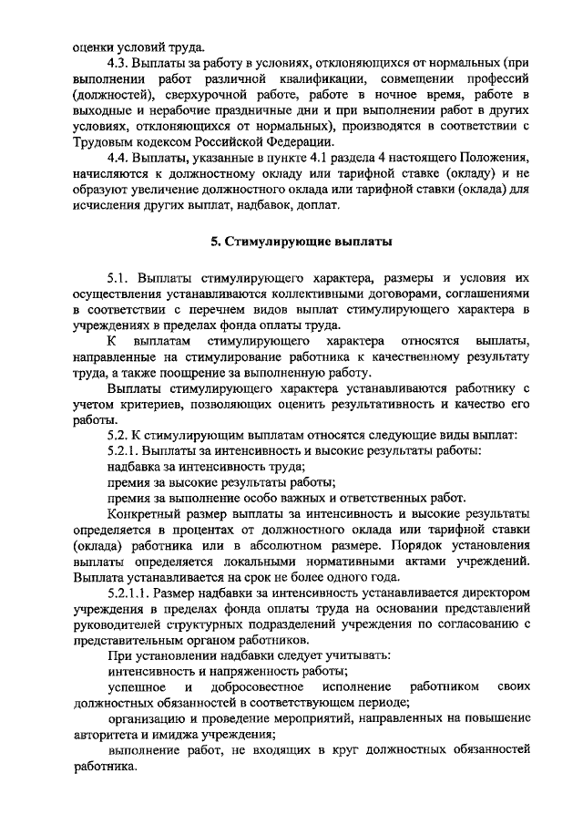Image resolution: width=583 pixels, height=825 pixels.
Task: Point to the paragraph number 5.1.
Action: pos(120,276)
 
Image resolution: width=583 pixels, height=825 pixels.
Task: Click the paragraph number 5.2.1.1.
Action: pos(133,593)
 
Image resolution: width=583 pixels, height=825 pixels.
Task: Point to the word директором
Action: pos(490,593)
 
